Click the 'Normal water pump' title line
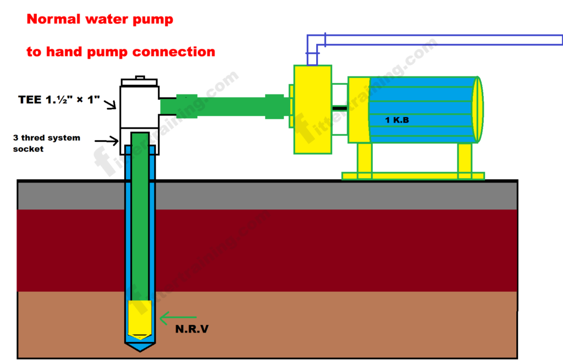(x=100, y=20)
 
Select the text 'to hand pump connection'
(x=120, y=52)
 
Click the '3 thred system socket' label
(x=46, y=142)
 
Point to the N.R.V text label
(x=191, y=330)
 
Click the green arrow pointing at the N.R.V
(x=178, y=317)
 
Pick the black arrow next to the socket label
(x=110, y=141)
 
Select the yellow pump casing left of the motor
(x=312, y=110)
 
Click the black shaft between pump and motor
(x=339, y=108)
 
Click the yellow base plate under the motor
(x=412, y=176)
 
